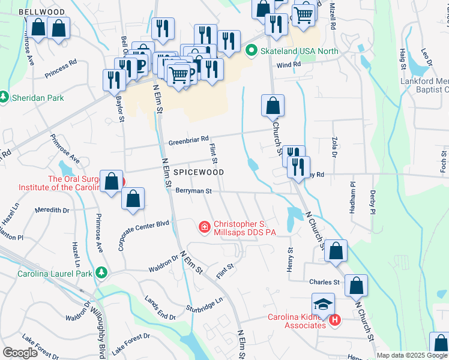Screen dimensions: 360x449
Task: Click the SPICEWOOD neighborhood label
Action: click(x=199, y=172)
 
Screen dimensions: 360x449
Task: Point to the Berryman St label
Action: click(x=194, y=191)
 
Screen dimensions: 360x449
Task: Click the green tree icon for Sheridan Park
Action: click(x=4, y=97)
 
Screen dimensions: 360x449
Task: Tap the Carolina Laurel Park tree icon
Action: click(x=101, y=273)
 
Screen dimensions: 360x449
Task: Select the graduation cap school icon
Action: click(x=322, y=304)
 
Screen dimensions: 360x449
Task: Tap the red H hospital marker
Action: click(x=334, y=321)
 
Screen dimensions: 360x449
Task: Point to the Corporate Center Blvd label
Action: click(x=144, y=235)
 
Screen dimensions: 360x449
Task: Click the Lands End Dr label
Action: click(x=160, y=308)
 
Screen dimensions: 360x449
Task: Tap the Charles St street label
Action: click(x=324, y=282)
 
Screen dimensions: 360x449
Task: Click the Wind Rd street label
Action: click(x=288, y=64)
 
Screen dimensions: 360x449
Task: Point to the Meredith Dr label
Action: click(x=52, y=210)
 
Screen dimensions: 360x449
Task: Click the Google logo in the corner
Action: click(x=20, y=352)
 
